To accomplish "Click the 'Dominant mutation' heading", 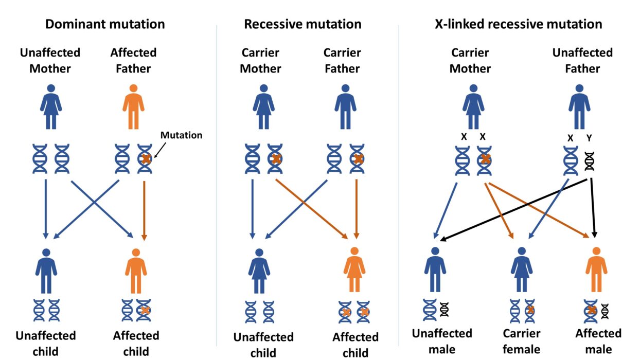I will coord(105,24).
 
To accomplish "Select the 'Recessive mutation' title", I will coord(303,24).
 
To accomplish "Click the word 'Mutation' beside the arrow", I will coord(181,135).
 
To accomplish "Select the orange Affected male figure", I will coord(596,269).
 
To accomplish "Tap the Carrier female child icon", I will coord(521,269).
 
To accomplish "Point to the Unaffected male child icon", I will coord(435,269).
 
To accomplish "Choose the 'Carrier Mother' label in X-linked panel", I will coord(470,61).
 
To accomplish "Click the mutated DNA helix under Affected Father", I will coord(145,159).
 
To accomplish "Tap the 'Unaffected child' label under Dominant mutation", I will coord(45,344).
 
